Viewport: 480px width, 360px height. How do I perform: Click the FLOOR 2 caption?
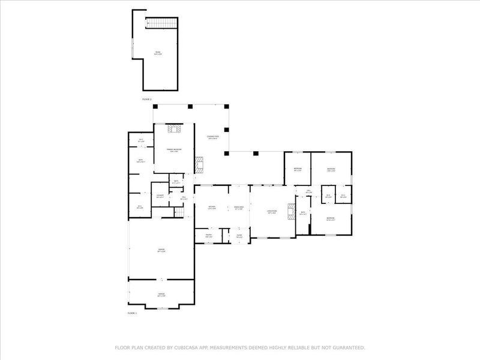(x=147, y=98)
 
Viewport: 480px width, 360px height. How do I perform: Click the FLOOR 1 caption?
(x=132, y=313)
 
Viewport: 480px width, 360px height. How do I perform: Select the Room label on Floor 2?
(x=158, y=53)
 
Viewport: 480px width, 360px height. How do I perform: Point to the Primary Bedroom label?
(x=174, y=150)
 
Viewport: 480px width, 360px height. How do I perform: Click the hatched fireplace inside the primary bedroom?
(x=175, y=128)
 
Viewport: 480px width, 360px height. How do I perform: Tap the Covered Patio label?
(x=213, y=137)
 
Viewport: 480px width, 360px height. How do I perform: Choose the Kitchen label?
(x=212, y=208)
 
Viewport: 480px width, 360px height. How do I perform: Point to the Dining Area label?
(x=238, y=208)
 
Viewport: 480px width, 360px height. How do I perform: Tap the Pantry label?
(x=209, y=236)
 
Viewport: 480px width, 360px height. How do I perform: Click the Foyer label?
(x=238, y=236)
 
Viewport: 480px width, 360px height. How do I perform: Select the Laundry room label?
(x=160, y=196)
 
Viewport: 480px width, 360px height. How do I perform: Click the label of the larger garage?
(x=161, y=250)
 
